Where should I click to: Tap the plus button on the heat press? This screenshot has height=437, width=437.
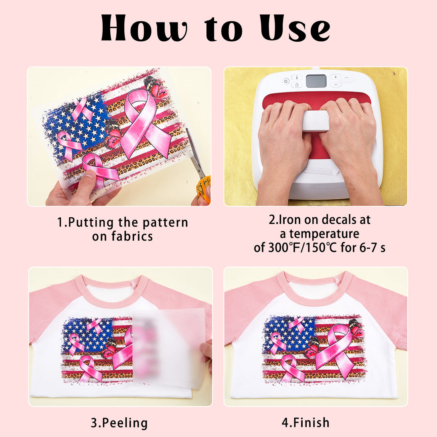pyautogui.click(x=336, y=77)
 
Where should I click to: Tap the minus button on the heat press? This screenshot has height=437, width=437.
pyautogui.click(x=336, y=85)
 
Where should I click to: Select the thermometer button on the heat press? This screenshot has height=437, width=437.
pyautogui.click(x=297, y=77)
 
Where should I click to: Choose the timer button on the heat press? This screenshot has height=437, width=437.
pyautogui.click(x=297, y=85)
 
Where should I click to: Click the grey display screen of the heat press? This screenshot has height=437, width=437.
pyautogui.click(x=316, y=81)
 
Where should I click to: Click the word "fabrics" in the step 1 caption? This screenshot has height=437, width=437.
pyautogui.click(x=132, y=236)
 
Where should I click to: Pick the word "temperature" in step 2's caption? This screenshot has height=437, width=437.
pyautogui.click(x=324, y=234)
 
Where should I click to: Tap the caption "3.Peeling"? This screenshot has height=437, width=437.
pyautogui.click(x=119, y=423)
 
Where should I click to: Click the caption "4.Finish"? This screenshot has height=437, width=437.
pyautogui.click(x=305, y=423)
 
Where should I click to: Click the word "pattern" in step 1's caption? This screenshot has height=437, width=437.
pyautogui.click(x=165, y=223)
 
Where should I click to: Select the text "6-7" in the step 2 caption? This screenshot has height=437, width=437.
pyautogui.click(x=367, y=247)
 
